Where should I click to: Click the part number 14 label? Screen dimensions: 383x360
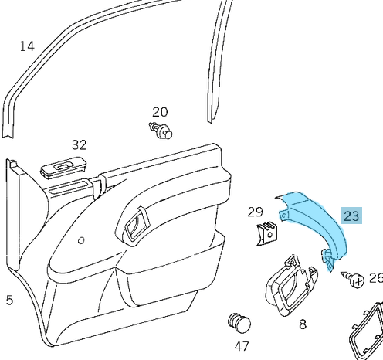27,46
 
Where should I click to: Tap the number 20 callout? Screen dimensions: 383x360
160,112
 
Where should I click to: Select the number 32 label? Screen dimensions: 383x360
79,144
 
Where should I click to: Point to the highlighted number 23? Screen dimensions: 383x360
351,216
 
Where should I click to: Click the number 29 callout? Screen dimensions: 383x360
256,212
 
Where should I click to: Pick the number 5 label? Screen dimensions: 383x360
9,300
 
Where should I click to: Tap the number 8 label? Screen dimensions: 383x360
303,324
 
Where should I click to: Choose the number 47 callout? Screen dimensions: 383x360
242,346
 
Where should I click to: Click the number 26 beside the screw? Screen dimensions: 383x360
376,278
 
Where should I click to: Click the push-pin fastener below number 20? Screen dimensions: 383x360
161,131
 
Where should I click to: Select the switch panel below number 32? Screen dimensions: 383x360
63,168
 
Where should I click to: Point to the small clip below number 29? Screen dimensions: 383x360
267,233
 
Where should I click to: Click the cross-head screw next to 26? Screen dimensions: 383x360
353,279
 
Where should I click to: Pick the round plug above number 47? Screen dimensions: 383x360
239,324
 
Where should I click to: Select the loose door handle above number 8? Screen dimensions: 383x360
291,286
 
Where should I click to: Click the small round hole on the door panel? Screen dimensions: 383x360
81,240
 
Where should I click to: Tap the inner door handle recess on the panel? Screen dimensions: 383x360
136,225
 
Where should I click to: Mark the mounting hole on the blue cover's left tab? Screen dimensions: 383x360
284,216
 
